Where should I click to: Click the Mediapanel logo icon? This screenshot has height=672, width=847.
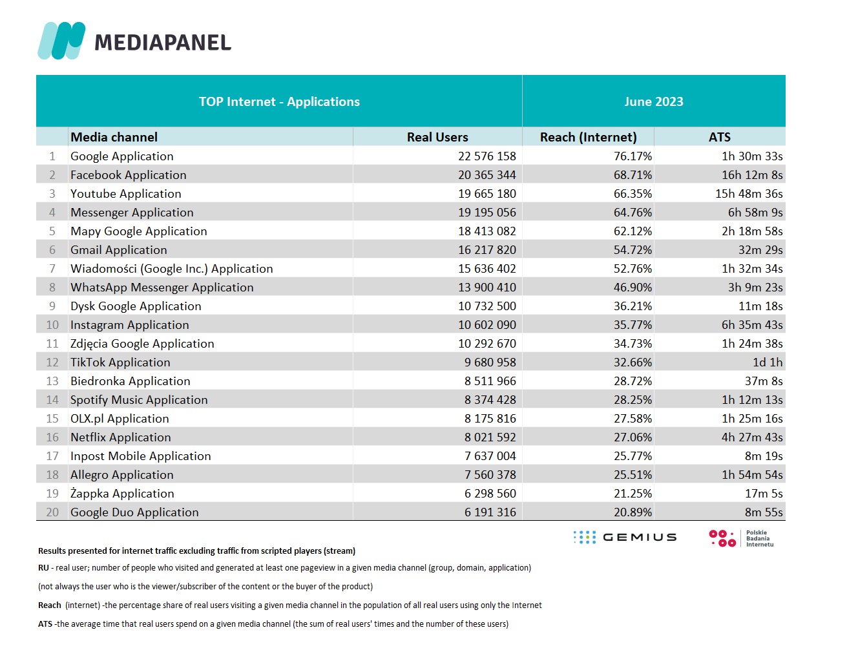point(61,41)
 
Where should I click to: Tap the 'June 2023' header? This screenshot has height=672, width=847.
point(654,101)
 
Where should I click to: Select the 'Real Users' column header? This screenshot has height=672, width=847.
point(437,137)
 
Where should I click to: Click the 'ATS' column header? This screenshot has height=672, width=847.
point(720,137)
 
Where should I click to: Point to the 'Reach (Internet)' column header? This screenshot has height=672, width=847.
point(588,137)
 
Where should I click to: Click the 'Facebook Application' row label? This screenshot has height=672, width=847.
point(129,175)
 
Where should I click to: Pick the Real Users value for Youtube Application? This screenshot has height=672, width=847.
point(487,194)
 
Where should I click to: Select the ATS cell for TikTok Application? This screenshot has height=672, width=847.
point(768,362)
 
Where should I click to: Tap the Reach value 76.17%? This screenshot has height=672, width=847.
point(633,156)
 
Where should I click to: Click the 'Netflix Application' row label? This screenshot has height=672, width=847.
point(120,437)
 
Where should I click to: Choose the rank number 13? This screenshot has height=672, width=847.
point(52,381)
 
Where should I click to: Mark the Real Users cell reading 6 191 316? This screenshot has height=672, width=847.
point(490,512)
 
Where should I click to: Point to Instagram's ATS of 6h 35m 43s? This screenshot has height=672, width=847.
point(752,325)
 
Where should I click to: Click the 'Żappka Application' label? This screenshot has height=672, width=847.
point(122,493)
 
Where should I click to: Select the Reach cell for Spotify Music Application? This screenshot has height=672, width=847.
point(633,399)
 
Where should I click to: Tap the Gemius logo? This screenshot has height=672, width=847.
point(625,538)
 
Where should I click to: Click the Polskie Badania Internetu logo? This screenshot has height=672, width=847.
point(741,538)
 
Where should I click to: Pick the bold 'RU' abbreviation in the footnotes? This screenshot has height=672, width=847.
point(43,568)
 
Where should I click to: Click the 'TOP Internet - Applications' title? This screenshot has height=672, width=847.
point(279,101)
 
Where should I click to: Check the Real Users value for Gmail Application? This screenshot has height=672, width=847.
point(487,250)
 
